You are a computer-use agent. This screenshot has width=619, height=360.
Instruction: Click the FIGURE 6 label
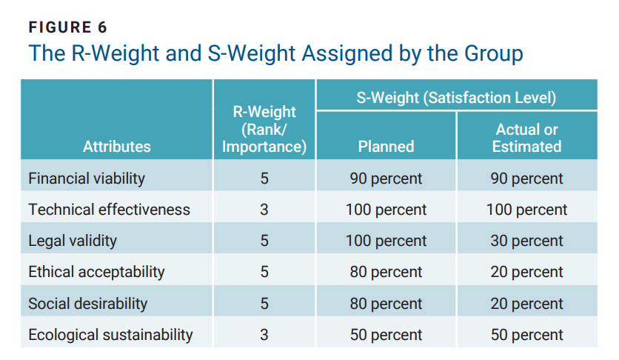pos(67,27)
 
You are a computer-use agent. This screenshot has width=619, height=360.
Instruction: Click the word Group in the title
pos(493,53)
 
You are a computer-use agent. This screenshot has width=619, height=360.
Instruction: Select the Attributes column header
pos(117,147)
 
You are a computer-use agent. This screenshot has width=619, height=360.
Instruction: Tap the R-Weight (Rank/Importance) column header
pos(264,129)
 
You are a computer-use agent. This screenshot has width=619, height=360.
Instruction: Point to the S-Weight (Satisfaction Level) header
pos(456,98)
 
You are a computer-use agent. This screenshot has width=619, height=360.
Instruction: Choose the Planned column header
pos(386,147)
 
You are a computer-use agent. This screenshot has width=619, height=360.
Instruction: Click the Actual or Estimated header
pos(526,138)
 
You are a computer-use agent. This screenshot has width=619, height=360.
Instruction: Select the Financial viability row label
pos(87,179)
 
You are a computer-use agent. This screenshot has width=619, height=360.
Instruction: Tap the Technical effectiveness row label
pos(109,210)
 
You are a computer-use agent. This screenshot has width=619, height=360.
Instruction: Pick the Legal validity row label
pos(73,241)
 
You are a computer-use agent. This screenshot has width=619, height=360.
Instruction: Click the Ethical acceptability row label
pos(96,272)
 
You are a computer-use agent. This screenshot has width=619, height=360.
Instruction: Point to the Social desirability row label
pos(87,304)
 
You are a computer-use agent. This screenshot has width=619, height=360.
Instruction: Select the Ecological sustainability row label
pos(110,335)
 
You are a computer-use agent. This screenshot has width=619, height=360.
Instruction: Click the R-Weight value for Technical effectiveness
pos(264,210)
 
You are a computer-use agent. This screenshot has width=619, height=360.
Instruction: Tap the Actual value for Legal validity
pos(526,241)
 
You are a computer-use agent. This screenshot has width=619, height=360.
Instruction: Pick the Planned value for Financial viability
pos(386,179)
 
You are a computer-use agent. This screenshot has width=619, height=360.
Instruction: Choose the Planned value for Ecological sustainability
pos(386,335)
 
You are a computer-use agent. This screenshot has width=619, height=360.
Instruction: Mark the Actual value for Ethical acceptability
pos(526,272)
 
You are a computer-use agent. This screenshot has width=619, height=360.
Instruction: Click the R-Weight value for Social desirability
pos(264,304)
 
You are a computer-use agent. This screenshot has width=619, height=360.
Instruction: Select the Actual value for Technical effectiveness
pos(526,210)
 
